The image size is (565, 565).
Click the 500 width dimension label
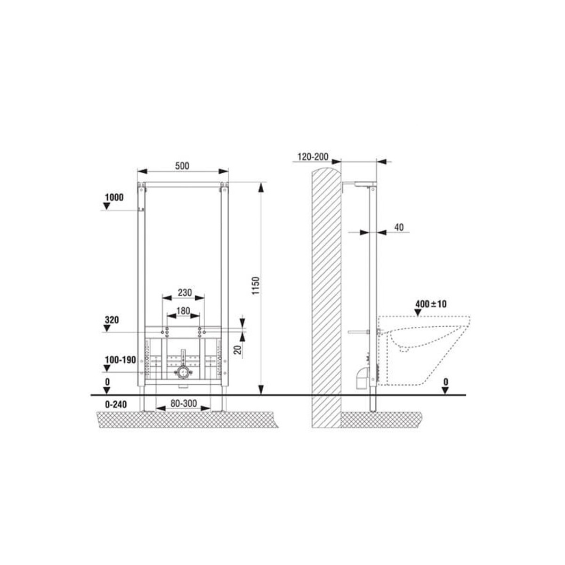pos(182,166)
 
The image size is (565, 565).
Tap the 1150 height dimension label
pos(256,286)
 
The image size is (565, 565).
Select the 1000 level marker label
pos(114,197)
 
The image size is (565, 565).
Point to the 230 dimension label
pos(185,292)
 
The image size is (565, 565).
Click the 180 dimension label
pos(184,311)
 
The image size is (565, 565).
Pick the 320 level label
pos(112,320)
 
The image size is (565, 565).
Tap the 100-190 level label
pos(121,360)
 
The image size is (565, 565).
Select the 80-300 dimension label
pos(184,404)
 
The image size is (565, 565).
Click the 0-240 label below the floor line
pos(116,404)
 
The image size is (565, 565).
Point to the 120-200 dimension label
pos(313,157)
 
